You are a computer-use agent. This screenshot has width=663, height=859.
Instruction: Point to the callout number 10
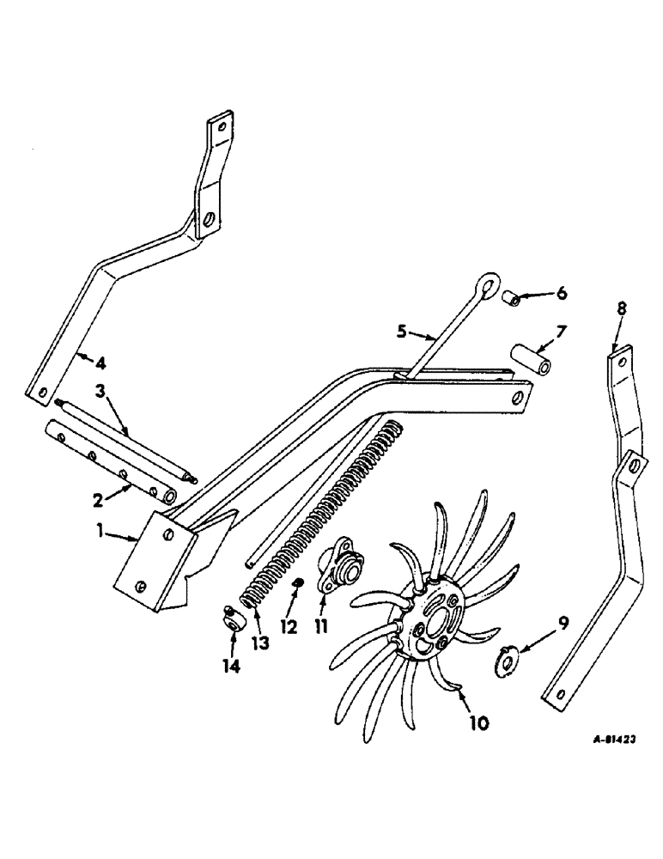(478, 723)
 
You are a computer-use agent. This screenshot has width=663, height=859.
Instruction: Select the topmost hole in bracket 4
(222, 127)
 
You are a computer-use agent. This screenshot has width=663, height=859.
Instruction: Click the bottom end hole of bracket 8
(558, 697)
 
